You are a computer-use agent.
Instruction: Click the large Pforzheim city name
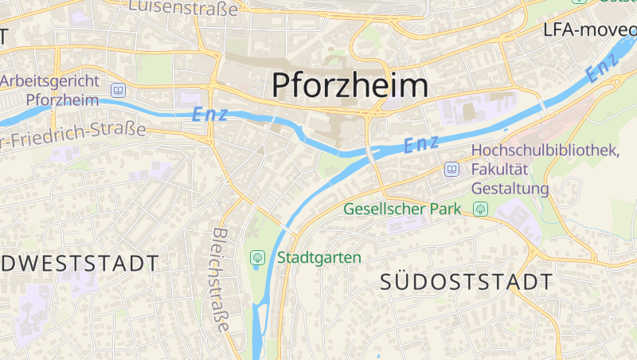tap(350, 85)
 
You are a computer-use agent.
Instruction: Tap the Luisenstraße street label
tap(183, 8)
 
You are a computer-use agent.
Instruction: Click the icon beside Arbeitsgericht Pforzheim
tap(119, 91)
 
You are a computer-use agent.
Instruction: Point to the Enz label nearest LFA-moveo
tap(603, 68)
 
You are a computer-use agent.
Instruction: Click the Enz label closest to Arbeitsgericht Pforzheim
tap(210, 114)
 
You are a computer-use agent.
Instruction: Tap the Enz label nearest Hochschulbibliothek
tap(421, 144)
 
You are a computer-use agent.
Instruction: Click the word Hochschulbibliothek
tap(545, 151)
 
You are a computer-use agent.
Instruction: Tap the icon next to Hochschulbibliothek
tap(452, 169)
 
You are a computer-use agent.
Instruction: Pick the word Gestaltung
tap(510, 189)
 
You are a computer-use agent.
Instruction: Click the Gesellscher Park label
tap(403, 209)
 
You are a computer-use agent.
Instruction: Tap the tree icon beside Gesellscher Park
tap(480, 209)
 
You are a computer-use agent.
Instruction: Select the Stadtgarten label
tap(319, 257)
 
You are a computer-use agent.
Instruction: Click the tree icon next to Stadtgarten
tap(257, 257)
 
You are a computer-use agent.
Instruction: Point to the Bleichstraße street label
tap(221, 280)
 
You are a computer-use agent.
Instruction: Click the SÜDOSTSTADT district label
tap(466, 281)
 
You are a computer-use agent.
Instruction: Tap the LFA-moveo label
tap(589, 30)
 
